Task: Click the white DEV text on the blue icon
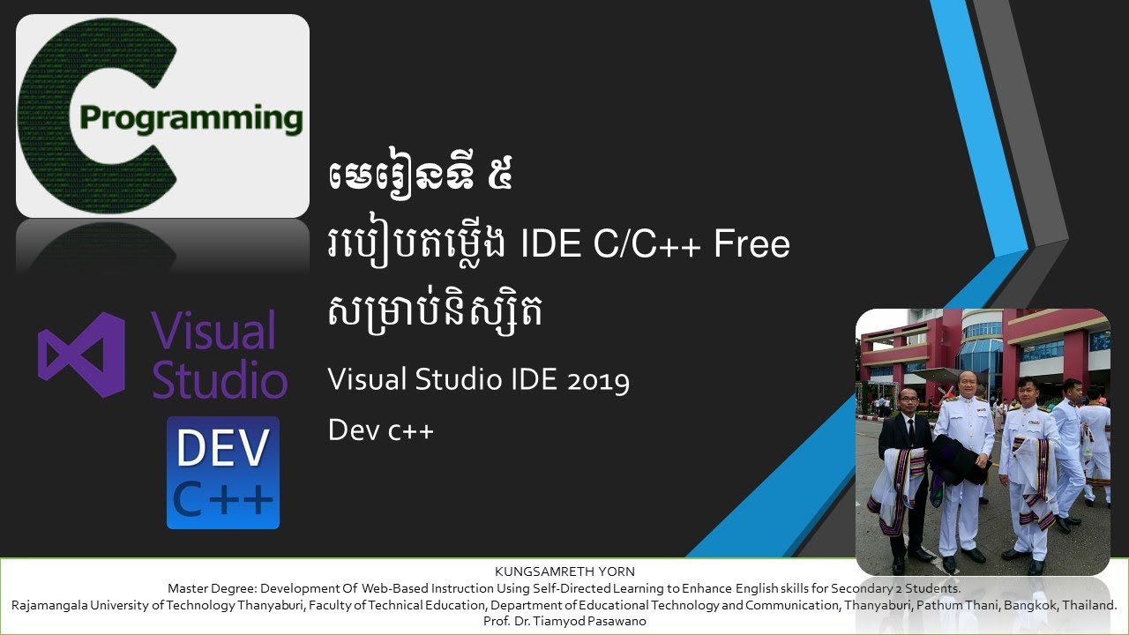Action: point(222,450)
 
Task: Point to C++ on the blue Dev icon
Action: point(222,497)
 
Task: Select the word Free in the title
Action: point(751,243)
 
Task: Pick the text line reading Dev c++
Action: point(380,430)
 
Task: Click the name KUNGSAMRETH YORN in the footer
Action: point(564,572)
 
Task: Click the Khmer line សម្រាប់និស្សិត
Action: point(433,311)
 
